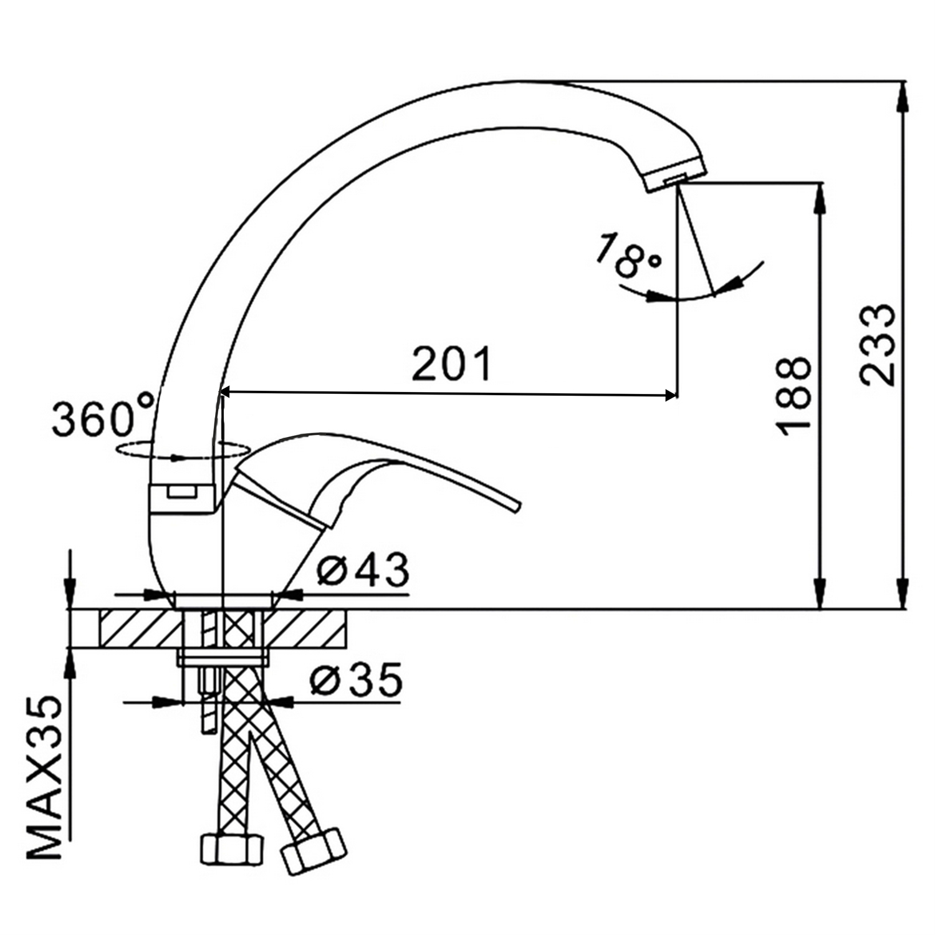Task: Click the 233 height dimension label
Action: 877,345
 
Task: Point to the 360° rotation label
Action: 103,415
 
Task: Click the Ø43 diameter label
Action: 363,569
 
